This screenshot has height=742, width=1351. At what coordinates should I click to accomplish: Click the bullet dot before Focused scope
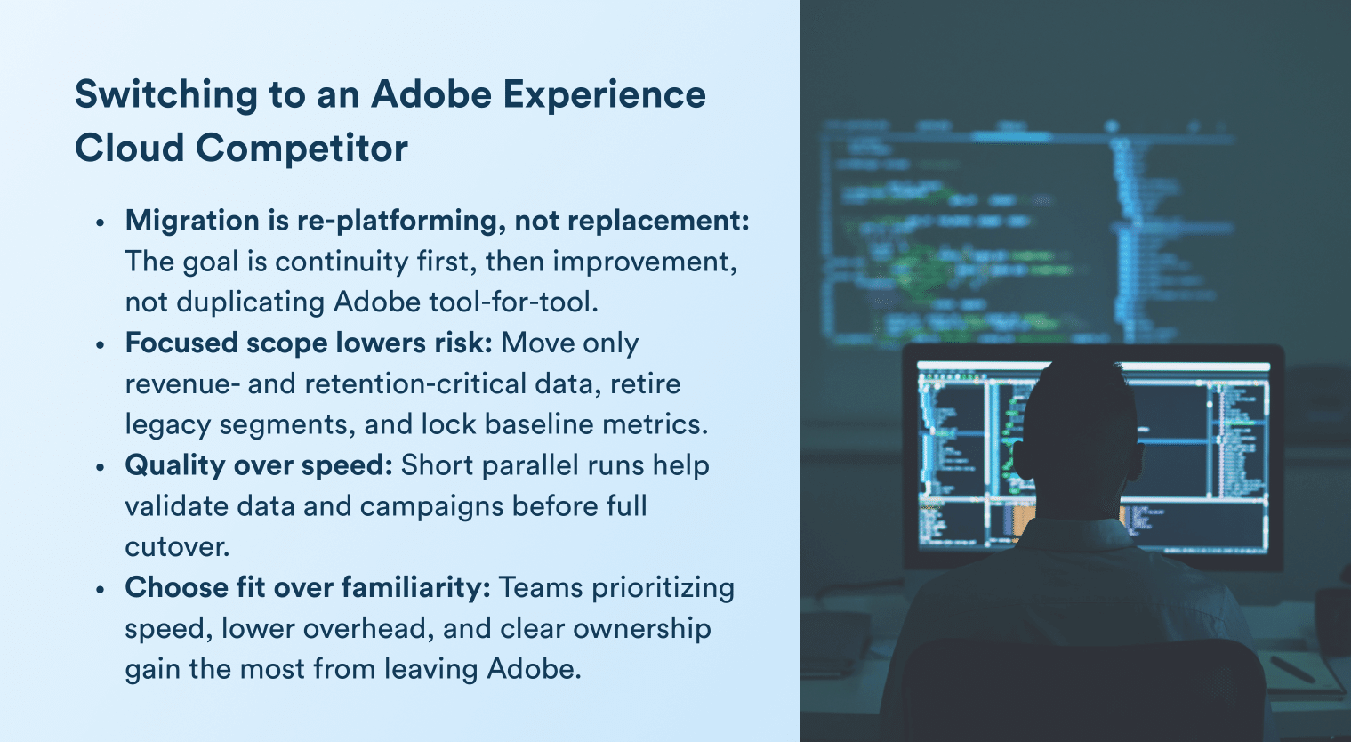coord(101,345)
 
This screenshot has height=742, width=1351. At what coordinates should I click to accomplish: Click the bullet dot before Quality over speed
coord(101,467)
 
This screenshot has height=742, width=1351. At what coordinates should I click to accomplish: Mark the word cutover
coord(177,546)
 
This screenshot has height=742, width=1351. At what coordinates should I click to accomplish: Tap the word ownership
coord(641,628)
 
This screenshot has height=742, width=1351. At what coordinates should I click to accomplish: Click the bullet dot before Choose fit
coord(101,590)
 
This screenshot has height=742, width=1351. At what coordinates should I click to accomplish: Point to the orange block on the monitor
coord(1023,520)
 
